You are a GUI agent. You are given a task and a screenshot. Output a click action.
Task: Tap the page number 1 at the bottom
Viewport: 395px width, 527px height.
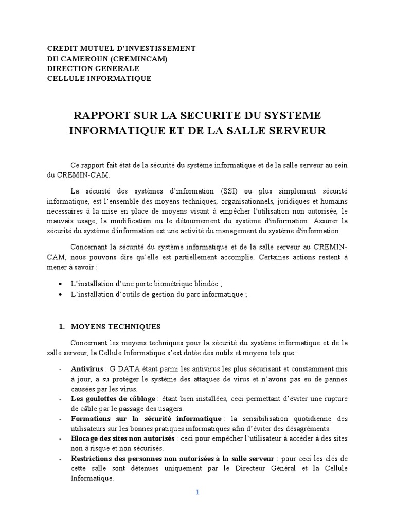(x=197, y=491)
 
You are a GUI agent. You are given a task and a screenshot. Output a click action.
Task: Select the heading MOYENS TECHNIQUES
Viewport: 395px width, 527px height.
(x=116, y=326)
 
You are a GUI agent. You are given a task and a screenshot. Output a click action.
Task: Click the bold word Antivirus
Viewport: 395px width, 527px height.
(x=87, y=369)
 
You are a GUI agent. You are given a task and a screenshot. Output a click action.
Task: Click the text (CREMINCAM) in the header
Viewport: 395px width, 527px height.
(x=137, y=58)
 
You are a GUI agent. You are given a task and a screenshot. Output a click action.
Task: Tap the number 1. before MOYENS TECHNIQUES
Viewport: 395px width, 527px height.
(x=62, y=326)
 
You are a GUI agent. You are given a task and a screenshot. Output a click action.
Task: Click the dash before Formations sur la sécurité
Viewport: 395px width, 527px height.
(x=62, y=418)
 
